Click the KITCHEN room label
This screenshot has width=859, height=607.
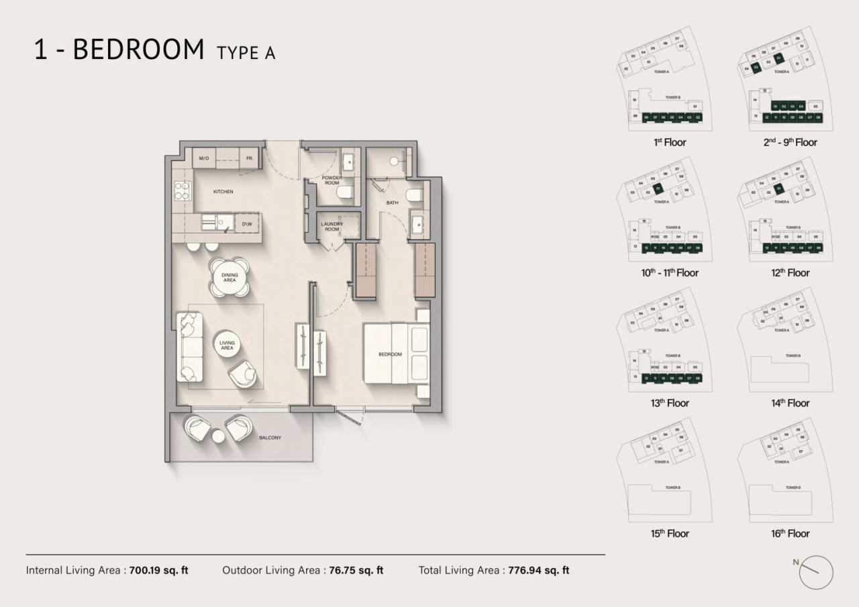(223, 192)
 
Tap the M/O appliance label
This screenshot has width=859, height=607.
(203, 158)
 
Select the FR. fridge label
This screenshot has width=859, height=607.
(249, 158)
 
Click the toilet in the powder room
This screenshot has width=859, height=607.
(345, 195)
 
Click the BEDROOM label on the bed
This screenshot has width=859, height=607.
(390, 354)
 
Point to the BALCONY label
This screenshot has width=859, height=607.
(270, 438)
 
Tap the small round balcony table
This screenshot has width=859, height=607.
(218, 437)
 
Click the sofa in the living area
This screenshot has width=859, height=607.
(190, 346)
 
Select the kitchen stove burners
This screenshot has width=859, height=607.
(181, 192)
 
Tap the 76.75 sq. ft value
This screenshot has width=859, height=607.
(355, 571)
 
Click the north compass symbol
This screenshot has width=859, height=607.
(815, 572)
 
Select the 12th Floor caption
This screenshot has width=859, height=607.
(790, 273)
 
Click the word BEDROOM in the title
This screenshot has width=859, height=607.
(138, 50)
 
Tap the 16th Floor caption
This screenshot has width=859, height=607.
(790, 534)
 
